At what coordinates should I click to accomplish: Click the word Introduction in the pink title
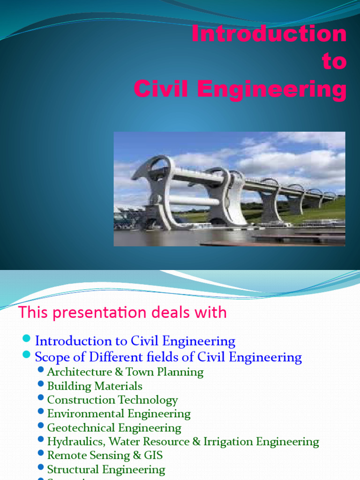[269, 34]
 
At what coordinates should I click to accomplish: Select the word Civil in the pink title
[160, 89]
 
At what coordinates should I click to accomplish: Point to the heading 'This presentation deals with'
[122, 312]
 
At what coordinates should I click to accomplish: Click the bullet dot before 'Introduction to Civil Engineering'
[26, 339]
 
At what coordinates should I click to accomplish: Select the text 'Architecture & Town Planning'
[125, 372]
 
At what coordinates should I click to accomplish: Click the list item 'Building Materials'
[95, 386]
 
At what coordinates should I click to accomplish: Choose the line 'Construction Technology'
[112, 400]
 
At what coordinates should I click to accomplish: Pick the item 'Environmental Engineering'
[119, 414]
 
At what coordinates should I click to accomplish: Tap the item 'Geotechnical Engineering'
[114, 428]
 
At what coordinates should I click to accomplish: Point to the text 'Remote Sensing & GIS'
[105, 456]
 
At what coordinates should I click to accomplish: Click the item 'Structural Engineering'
[106, 470]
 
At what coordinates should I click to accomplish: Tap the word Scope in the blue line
[50, 358]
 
